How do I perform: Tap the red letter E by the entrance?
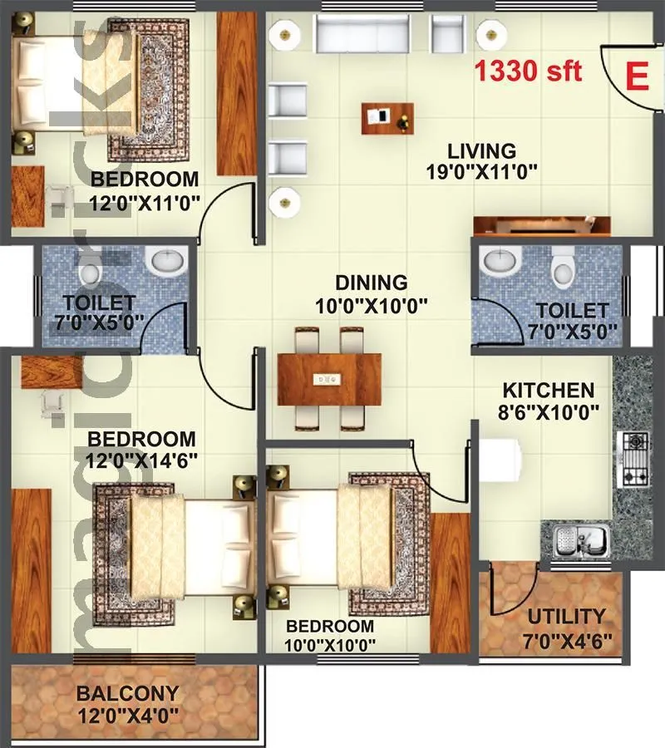[x=636, y=76]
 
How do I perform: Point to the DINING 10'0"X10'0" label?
[x=372, y=293]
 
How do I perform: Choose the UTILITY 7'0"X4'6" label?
[x=567, y=627]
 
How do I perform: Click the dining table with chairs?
[x=329, y=379]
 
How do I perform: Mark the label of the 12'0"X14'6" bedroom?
[x=142, y=448]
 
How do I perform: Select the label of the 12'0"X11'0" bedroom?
[x=145, y=189]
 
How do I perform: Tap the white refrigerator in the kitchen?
[x=501, y=462]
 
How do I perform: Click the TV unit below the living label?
[x=542, y=227]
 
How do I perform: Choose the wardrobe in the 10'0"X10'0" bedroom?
[x=451, y=582]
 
